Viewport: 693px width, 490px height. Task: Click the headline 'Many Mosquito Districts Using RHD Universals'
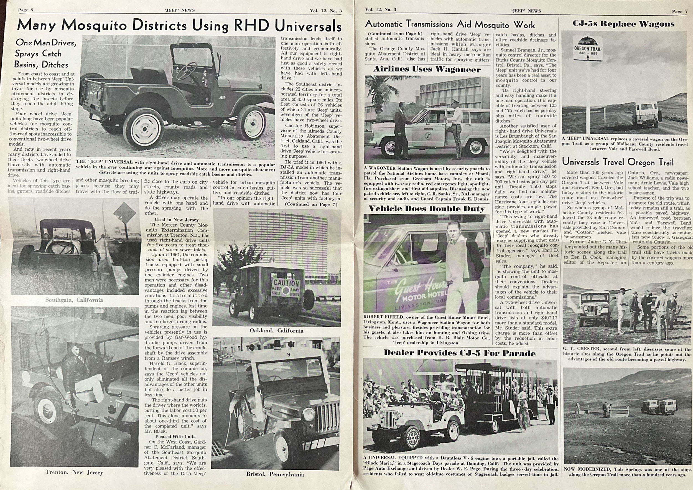click(179, 26)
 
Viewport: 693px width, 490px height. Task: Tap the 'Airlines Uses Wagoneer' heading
click(427, 69)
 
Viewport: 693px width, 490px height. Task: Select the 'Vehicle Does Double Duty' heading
click(427, 209)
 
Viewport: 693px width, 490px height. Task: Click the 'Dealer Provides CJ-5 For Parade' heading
click(460, 353)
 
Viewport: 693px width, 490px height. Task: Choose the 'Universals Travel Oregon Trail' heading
click(618, 162)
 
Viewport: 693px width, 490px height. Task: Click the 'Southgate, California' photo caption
click(74, 300)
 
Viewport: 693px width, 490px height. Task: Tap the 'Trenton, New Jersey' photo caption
click(74, 473)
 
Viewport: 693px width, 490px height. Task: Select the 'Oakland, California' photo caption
click(276, 331)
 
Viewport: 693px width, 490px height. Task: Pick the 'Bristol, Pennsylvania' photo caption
click(275, 474)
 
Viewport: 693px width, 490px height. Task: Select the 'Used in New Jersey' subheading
click(177, 220)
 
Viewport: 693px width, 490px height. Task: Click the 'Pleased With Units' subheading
click(175, 436)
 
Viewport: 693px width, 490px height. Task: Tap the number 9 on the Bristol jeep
click(289, 355)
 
